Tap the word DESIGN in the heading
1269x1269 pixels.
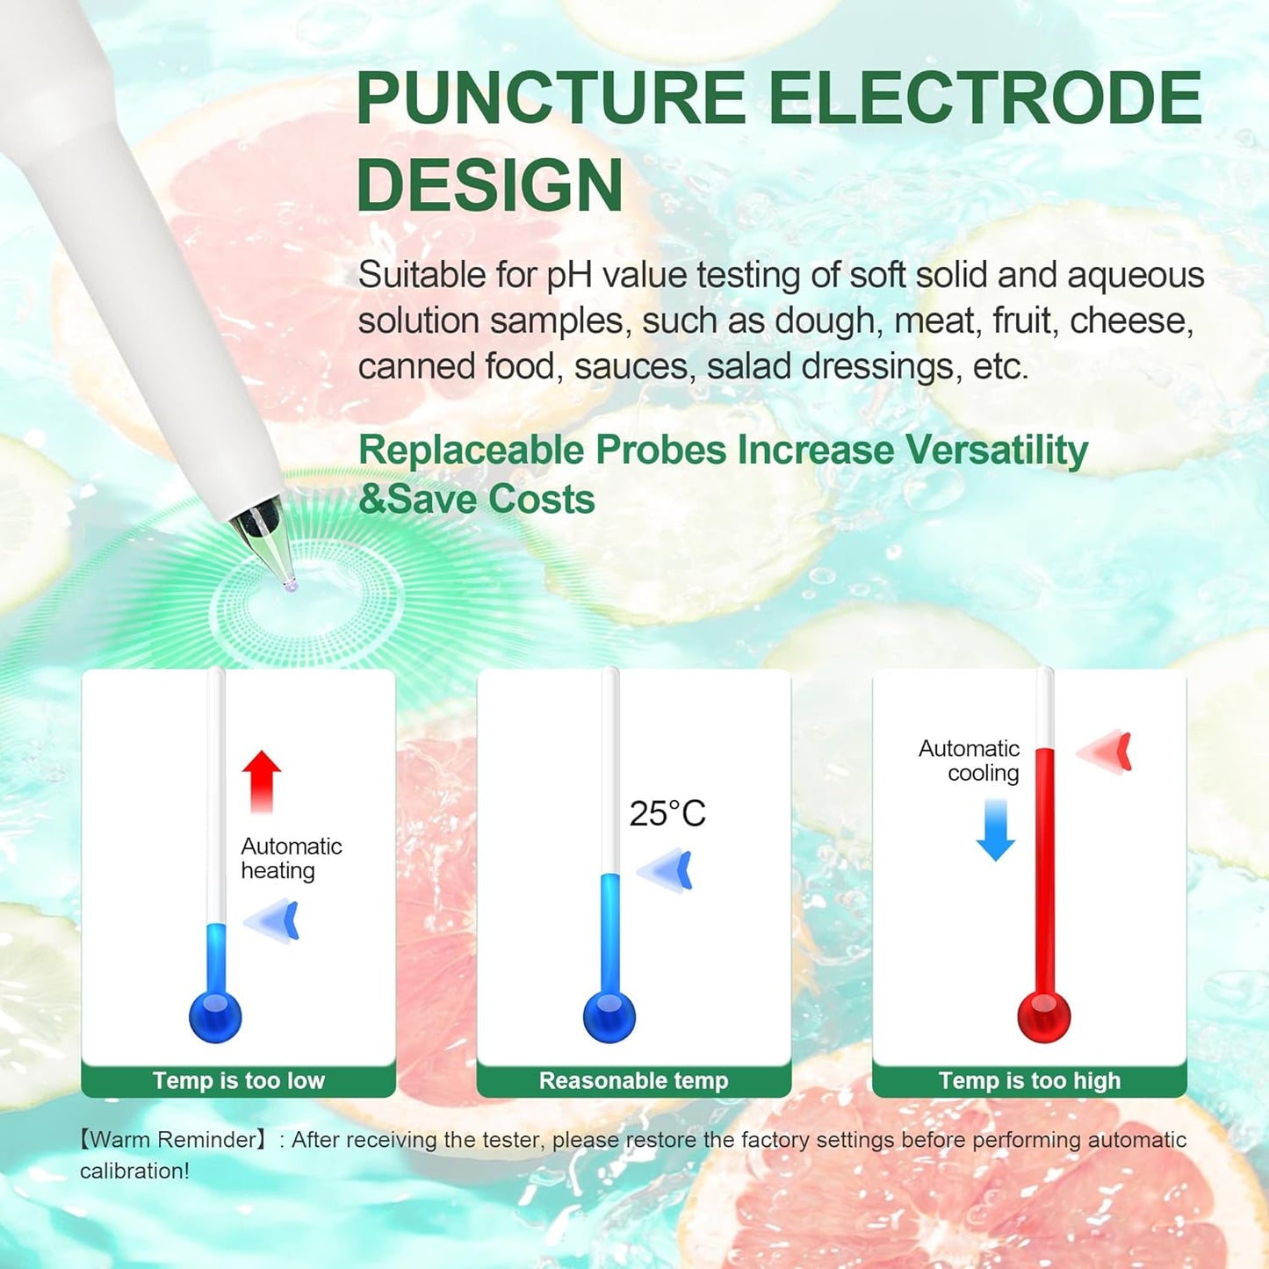click(489, 185)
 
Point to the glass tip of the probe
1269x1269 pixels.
click(288, 582)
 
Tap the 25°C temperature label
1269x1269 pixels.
click(667, 814)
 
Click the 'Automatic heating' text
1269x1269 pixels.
click(291, 858)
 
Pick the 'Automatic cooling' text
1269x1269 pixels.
click(970, 761)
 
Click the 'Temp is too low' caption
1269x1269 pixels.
click(239, 1080)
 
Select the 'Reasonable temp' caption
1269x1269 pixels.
click(633, 1080)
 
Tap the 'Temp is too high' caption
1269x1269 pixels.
click(1029, 1080)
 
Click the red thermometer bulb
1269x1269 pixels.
click(1043, 1017)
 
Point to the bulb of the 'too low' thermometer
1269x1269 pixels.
click(215, 1017)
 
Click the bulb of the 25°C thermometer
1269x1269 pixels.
click(609, 1017)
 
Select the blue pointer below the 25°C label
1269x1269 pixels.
click(667, 870)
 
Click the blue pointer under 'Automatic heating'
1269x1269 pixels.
click(274, 920)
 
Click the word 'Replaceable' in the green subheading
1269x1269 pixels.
click(471, 450)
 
